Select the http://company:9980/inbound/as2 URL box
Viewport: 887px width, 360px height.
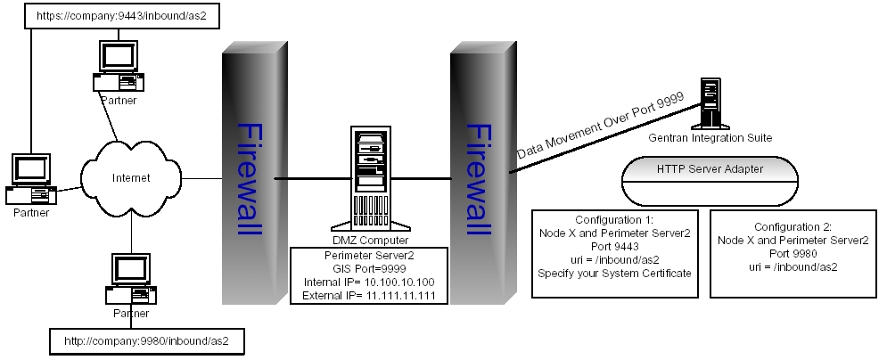(x=147, y=340)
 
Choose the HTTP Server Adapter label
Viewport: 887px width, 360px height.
(x=710, y=168)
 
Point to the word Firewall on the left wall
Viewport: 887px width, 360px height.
(x=250, y=178)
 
